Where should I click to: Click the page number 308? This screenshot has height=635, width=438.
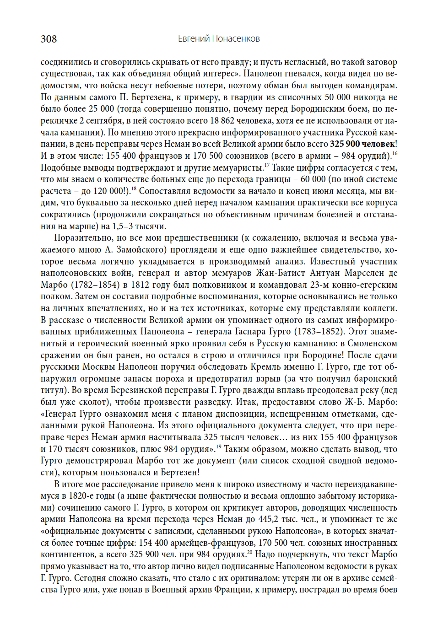[x=49, y=39]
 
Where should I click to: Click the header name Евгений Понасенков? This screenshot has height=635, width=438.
[x=219, y=39]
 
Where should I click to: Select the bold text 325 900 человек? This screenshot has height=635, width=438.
[x=362, y=144]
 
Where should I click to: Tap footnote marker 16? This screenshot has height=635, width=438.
[x=395, y=154]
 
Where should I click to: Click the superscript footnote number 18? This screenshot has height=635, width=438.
[x=134, y=188]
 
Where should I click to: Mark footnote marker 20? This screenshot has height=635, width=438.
[x=249, y=552]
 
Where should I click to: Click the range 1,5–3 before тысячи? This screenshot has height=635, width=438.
[x=123, y=226]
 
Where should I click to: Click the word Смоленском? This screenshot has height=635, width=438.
[x=372, y=344]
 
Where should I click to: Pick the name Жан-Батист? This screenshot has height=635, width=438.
[x=280, y=273]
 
